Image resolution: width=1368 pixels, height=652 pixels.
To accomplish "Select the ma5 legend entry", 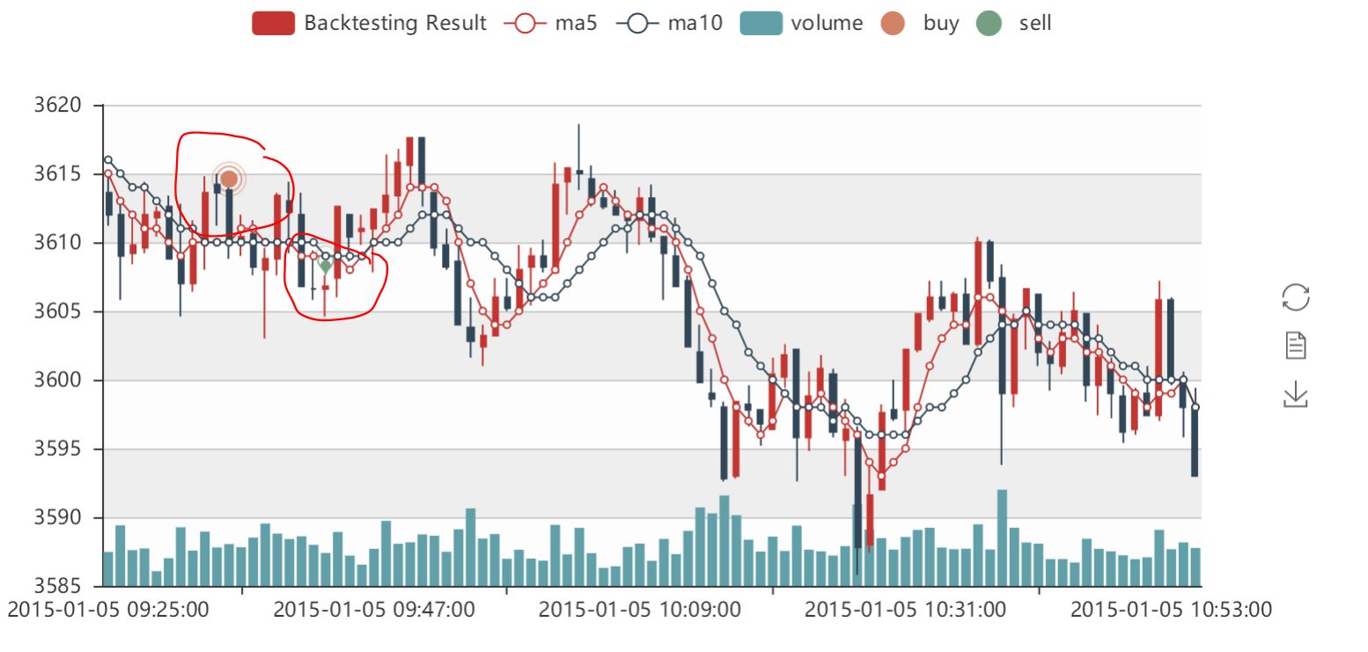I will pyautogui.click(x=550, y=24).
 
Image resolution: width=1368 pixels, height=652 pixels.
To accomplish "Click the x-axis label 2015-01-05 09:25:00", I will pyautogui.click(x=109, y=610).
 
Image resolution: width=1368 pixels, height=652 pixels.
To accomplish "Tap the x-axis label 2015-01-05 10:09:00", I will pyautogui.click(x=640, y=610).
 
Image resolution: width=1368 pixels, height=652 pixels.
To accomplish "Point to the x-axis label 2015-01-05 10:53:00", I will pyautogui.click(x=1171, y=610).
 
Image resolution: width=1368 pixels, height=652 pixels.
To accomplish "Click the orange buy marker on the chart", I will pyautogui.click(x=229, y=179).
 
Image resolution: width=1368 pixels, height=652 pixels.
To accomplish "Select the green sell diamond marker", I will pyautogui.click(x=325, y=266).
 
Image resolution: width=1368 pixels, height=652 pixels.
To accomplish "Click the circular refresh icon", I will pyautogui.click(x=1296, y=297).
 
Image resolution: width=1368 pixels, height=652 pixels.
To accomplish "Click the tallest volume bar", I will pyautogui.click(x=1002, y=537).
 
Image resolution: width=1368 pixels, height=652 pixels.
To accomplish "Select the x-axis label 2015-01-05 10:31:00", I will pyautogui.click(x=905, y=610).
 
